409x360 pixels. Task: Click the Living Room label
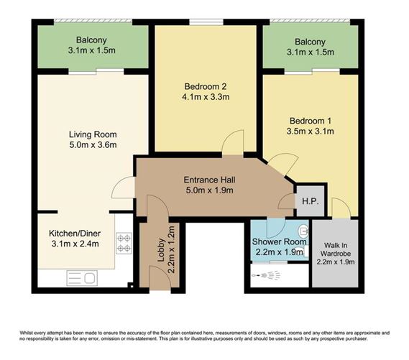click(92, 134)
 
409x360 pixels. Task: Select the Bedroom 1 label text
click(309, 121)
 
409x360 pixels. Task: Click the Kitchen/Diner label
click(74, 234)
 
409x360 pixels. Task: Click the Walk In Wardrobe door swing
click(341, 208)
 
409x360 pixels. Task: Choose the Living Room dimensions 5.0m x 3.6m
click(92, 146)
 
